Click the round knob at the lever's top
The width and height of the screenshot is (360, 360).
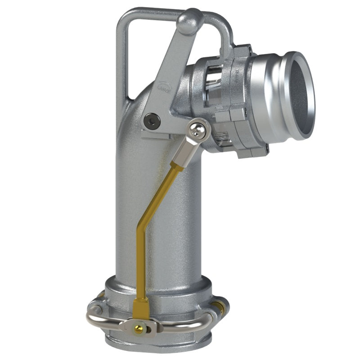point(189,21)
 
